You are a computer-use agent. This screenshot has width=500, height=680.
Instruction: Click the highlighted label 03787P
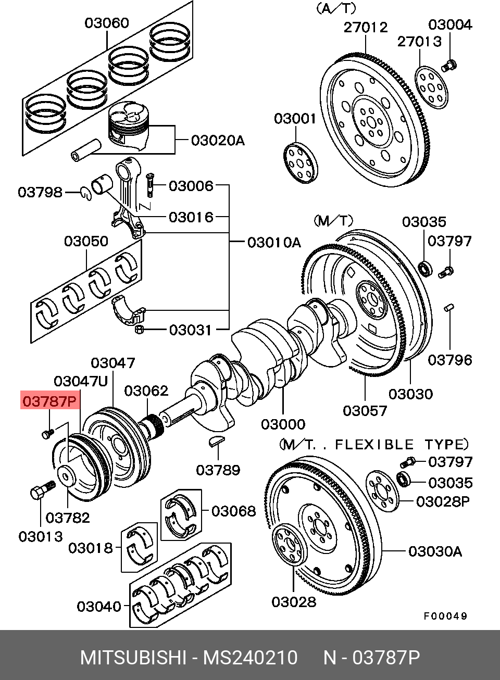click(x=50, y=401)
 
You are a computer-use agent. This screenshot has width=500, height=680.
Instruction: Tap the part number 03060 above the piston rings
click(x=107, y=23)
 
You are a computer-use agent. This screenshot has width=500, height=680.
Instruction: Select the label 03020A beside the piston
click(x=218, y=141)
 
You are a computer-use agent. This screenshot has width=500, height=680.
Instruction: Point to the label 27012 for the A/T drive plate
click(x=366, y=27)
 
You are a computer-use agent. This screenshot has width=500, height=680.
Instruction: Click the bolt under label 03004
click(x=449, y=66)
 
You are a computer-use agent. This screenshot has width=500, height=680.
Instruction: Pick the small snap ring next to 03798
click(x=86, y=194)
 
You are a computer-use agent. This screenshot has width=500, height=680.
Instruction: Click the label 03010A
click(x=274, y=243)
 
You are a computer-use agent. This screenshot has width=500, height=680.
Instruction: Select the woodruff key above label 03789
click(x=217, y=442)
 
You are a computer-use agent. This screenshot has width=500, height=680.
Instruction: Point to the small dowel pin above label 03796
click(x=449, y=307)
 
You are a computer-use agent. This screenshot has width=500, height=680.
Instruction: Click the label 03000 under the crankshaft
click(x=283, y=424)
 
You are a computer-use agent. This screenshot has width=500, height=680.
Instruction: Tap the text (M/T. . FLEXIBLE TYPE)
click(x=374, y=445)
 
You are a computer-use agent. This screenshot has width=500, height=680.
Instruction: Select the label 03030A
click(x=435, y=551)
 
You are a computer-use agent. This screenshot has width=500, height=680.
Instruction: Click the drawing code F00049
click(x=445, y=616)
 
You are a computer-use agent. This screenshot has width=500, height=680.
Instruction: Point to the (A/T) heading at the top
click(x=336, y=9)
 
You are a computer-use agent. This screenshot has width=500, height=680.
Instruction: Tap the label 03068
click(x=234, y=511)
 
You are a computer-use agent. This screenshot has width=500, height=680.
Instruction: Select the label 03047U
click(x=81, y=381)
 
